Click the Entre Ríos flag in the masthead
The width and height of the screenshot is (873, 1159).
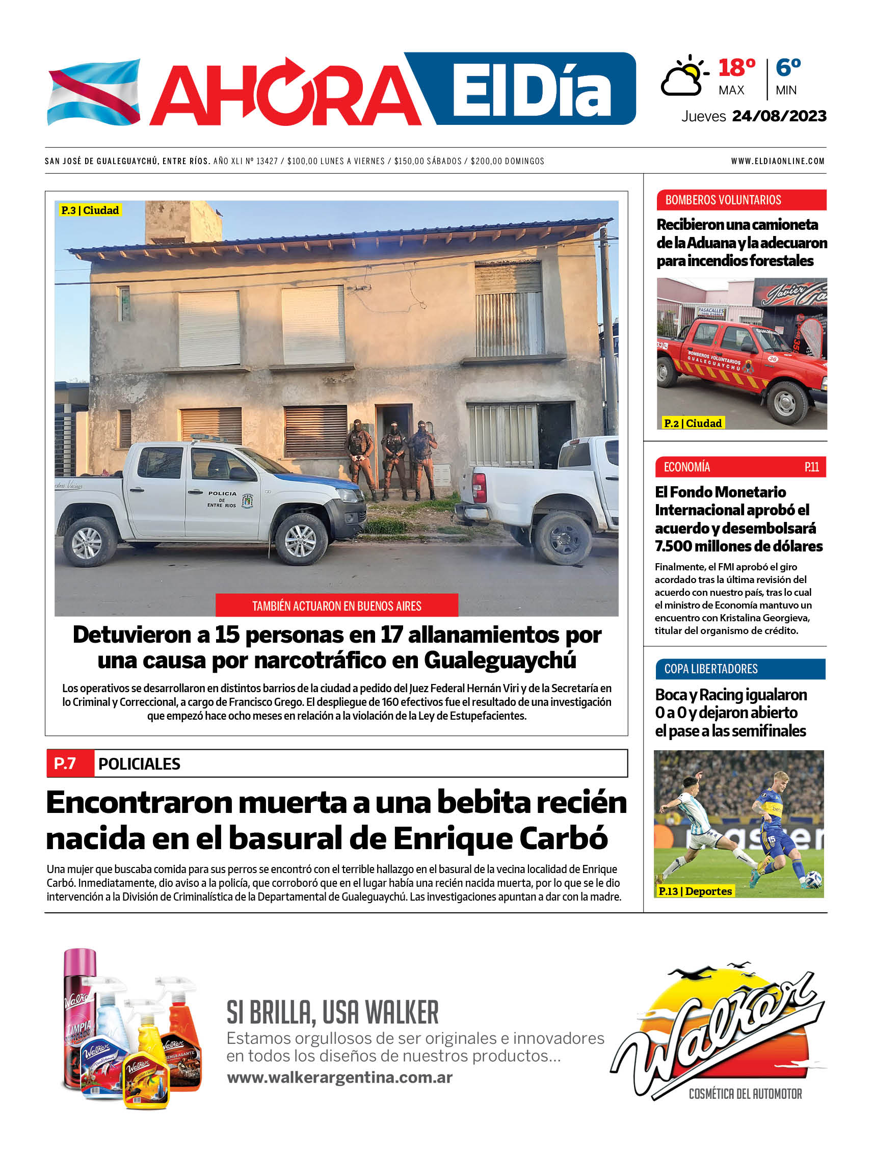click(x=94, y=92)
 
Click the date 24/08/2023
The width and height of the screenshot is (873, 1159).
click(x=779, y=116)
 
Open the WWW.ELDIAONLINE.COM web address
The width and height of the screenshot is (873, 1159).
click(x=778, y=162)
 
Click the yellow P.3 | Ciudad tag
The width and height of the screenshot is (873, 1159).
click(x=90, y=210)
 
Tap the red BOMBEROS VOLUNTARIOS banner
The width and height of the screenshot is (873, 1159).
click(x=741, y=200)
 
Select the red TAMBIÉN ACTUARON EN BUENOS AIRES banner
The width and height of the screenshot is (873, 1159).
click(x=336, y=606)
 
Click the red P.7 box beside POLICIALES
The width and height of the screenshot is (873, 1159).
click(x=65, y=763)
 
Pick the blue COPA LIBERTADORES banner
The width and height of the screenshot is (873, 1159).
click(x=740, y=669)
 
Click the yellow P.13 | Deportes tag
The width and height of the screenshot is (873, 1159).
click(x=694, y=891)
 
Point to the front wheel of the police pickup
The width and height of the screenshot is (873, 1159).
click(x=300, y=540)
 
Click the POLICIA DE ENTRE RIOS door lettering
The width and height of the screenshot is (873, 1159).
click(x=222, y=499)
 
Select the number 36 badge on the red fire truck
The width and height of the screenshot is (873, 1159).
click(x=773, y=359)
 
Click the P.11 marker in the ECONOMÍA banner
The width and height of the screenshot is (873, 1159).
click(x=811, y=467)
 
